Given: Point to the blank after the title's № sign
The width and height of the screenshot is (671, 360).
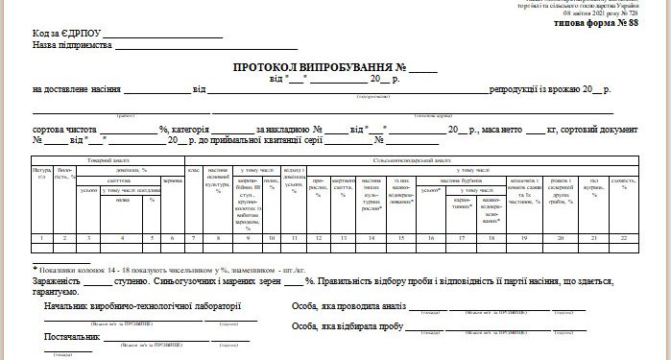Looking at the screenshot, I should [423, 69].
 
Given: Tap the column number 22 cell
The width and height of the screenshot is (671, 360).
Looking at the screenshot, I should [626, 236].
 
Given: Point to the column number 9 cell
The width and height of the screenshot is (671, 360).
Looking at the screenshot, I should [248, 236].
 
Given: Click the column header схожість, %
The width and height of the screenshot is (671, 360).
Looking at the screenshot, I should [626, 184].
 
